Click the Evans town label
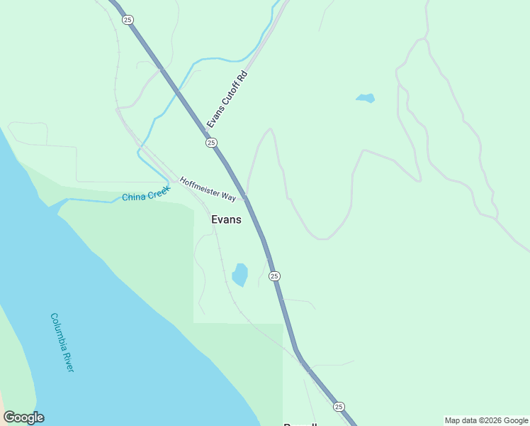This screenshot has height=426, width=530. (x=226, y=220)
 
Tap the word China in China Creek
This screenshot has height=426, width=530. (x=132, y=197)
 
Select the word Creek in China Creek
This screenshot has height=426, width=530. (x=158, y=192)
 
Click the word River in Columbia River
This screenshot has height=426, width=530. (x=69, y=361)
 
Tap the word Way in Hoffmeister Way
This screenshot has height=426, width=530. (x=228, y=196)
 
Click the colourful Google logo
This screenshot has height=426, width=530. (x=23, y=417)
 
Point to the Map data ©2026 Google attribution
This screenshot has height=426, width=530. (x=486, y=420)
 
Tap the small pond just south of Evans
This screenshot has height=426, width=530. (x=240, y=274)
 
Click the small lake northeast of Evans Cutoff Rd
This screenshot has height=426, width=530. (x=365, y=97)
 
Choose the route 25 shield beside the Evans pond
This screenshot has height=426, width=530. (x=274, y=275)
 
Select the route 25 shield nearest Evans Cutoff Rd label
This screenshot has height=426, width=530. (x=211, y=143)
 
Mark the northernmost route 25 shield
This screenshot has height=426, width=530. (x=127, y=20)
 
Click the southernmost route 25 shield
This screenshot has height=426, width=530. (x=339, y=406)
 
